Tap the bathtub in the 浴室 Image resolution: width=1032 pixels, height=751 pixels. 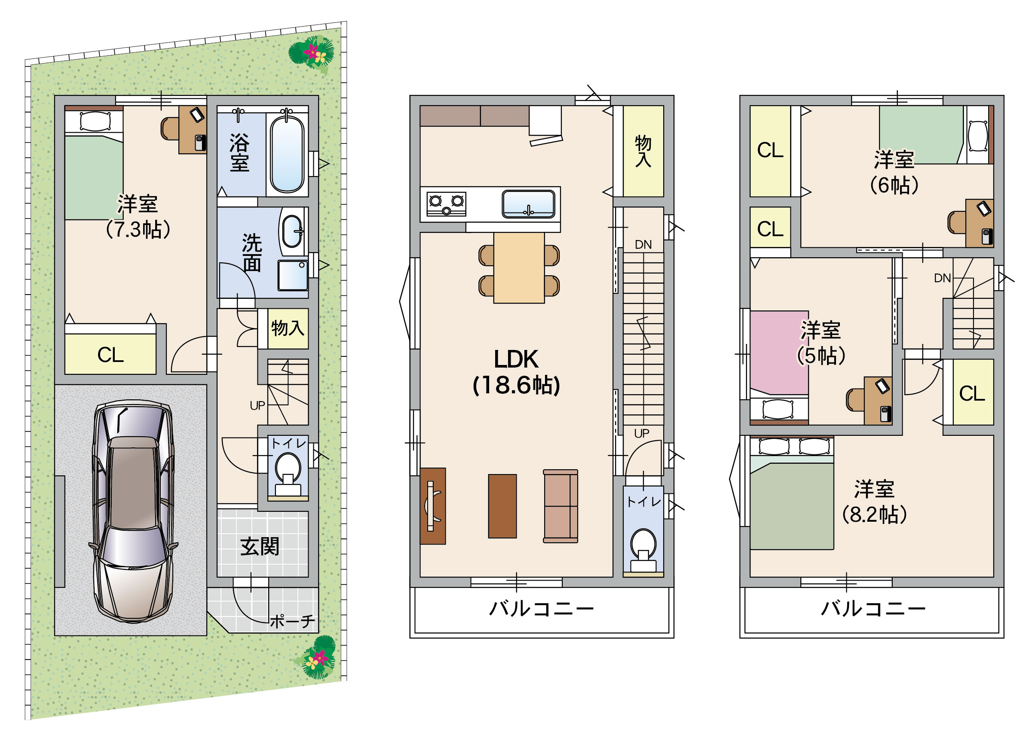tap(287, 154)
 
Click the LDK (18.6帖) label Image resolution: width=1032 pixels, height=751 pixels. tap(517, 371)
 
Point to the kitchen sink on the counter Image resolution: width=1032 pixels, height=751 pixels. tap(528, 204)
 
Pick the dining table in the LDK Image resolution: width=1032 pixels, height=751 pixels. tap(519, 268)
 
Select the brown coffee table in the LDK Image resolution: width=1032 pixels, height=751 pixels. tap(502, 506)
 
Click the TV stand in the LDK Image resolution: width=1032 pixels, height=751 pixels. tap(433, 506)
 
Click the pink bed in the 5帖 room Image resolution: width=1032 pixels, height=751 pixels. tap(779, 353)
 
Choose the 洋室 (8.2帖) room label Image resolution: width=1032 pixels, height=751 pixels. tap(874, 502)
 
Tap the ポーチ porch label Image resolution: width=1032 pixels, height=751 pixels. tap(292, 621)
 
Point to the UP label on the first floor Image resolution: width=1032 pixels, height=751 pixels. tap(257, 405)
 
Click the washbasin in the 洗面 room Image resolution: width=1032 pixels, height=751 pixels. tap(293, 231)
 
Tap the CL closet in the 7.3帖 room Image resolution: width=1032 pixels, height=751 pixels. tap(110, 354)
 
